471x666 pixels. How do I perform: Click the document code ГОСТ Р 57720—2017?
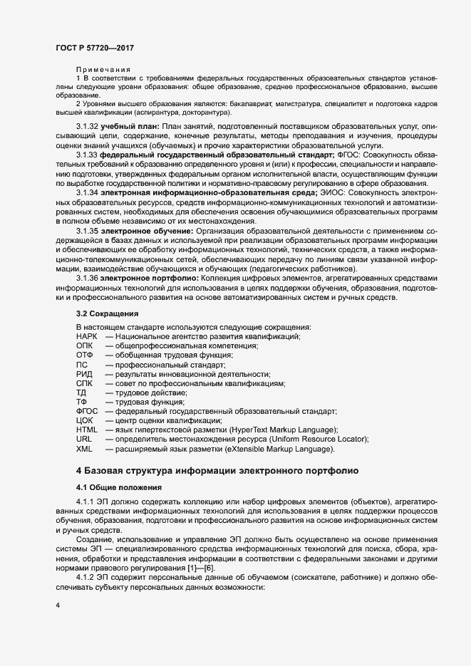point(95,48)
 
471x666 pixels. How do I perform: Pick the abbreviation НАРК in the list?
point(87,336)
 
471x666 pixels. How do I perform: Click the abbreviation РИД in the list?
point(84,374)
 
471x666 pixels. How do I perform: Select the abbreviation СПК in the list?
point(84,384)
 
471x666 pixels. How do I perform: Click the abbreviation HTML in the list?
point(86,431)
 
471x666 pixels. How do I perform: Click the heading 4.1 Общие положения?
point(120,488)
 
